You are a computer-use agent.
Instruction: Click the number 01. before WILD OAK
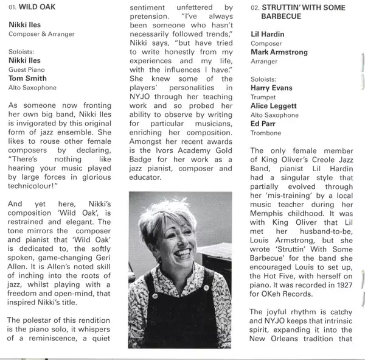[x=14, y=8]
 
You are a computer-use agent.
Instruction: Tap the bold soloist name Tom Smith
[x=27, y=78]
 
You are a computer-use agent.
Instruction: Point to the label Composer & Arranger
[x=41, y=34]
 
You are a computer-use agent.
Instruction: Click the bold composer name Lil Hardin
[x=268, y=34]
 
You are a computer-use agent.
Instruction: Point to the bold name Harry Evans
[x=271, y=88]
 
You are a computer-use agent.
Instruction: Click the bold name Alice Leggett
[x=276, y=105]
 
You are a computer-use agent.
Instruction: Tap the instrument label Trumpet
[x=263, y=97]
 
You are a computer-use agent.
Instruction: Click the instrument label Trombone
[x=266, y=133]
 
